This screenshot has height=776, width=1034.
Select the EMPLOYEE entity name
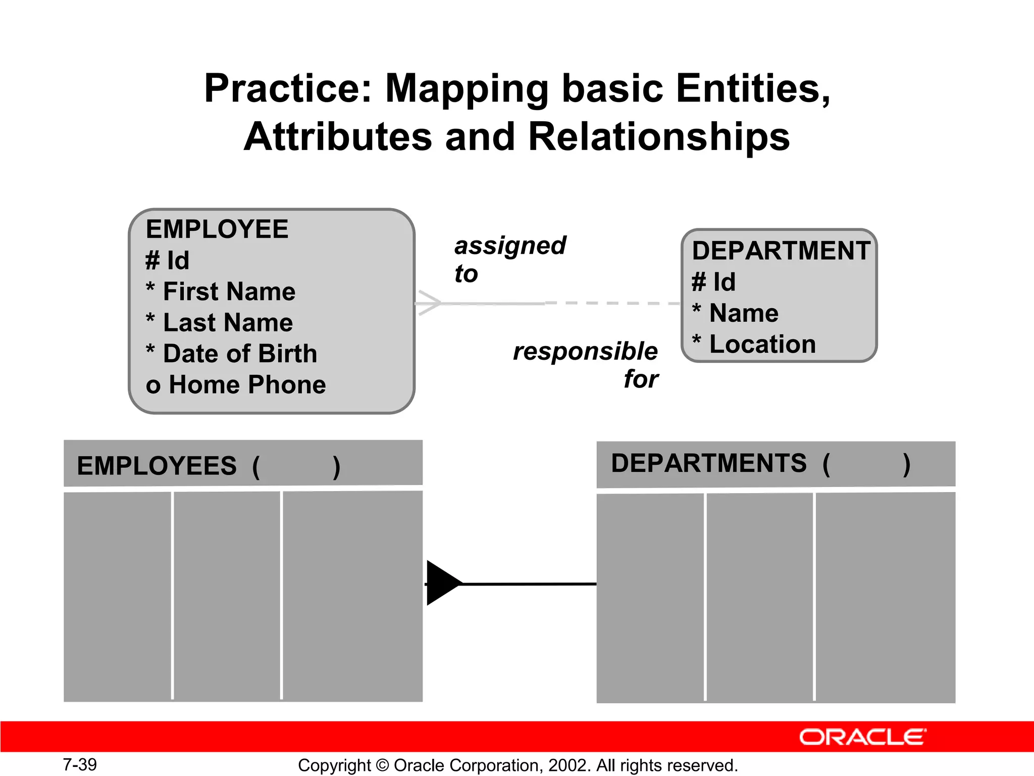click(x=217, y=229)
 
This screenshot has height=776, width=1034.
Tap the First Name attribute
click(x=229, y=292)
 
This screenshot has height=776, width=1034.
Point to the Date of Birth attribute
click(x=240, y=354)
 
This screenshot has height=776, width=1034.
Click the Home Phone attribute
click(x=247, y=385)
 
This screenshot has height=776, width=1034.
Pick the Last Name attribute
click(x=228, y=323)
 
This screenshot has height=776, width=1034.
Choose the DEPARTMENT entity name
click(x=781, y=251)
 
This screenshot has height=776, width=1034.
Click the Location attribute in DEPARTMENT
click(x=762, y=345)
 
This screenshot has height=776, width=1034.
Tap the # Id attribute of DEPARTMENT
click(x=714, y=282)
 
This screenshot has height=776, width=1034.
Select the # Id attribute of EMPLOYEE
click(x=168, y=261)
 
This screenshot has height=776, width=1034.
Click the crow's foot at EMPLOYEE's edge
click(x=428, y=303)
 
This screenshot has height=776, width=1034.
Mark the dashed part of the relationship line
click(x=613, y=303)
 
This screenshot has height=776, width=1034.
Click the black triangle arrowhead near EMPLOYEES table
click(x=442, y=583)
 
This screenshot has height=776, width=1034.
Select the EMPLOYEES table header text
click(x=157, y=466)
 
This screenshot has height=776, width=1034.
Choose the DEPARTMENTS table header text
click(x=709, y=464)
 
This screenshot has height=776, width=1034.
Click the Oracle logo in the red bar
click(x=862, y=737)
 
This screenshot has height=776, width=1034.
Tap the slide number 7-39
click(x=80, y=765)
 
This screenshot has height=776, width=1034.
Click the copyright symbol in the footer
click(x=382, y=765)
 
